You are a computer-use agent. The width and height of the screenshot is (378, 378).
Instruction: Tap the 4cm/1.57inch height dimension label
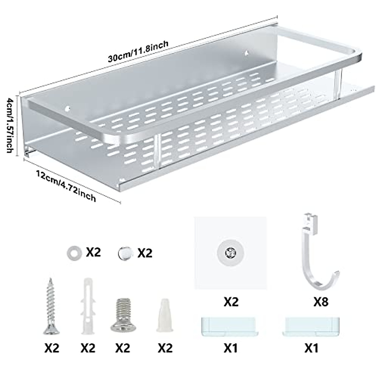(9, 125)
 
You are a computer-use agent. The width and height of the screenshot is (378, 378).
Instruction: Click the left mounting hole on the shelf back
(67, 109)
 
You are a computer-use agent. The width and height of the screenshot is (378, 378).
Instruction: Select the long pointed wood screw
(51, 305)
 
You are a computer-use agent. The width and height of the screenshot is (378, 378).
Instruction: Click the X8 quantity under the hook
(321, 302)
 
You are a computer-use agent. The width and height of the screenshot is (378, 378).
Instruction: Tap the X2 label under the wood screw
(52, 348)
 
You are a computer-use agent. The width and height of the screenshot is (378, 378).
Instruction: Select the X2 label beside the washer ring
(93, 253)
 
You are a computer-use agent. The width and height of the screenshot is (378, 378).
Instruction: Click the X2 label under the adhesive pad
(231, 302)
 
